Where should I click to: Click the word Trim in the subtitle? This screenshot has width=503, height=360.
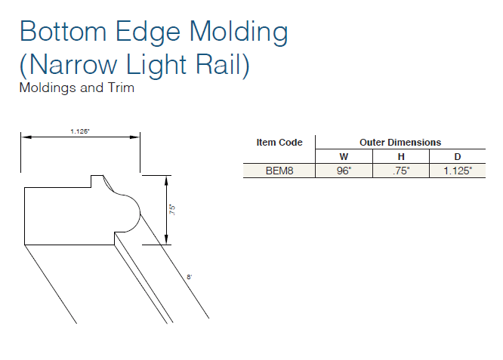121,88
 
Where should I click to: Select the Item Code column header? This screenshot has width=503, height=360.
279,142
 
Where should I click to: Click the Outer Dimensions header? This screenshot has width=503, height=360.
400,142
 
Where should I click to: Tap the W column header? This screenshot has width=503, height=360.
344,156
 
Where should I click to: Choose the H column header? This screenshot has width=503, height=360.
401,156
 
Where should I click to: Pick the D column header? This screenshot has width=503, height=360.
458,156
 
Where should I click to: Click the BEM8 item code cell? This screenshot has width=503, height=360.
279,171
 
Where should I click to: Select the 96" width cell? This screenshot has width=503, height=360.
344,171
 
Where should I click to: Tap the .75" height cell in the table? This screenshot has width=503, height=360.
401,171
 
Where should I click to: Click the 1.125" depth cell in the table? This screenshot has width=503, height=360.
458,171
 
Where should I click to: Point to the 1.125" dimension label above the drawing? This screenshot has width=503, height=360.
80,131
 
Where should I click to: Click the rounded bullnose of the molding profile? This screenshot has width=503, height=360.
130,211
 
